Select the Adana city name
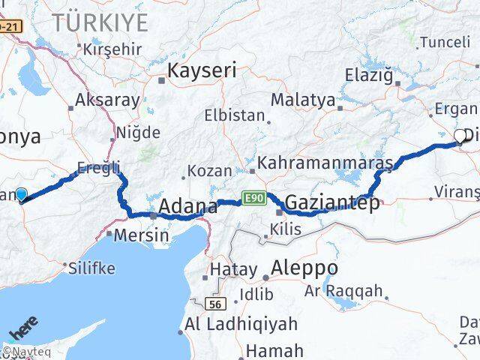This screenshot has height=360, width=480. coord(187,206)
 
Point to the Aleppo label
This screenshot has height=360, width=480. coord(304,268)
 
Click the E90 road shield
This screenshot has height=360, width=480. coord(253,198)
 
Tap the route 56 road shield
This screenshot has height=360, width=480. coord(215,302)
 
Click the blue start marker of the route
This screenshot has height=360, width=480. coord(21,194)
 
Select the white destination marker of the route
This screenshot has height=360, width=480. coord(460,136)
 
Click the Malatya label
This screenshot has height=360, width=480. coord(303,99)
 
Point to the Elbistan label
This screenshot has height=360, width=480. coord(235,116)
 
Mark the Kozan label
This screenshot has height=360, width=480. coord(209,171)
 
